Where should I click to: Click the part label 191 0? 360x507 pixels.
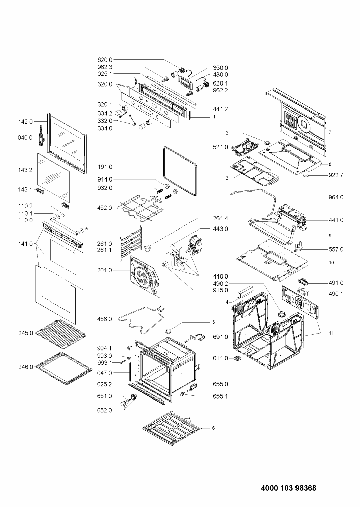(x=105, y=167)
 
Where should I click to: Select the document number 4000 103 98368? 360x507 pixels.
(x=288, y=488)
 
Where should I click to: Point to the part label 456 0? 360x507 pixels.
(x=105, y=319)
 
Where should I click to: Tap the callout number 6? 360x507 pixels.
(x=213, y=428)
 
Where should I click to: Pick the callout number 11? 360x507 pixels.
(x=331, y=333)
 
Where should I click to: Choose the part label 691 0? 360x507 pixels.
(x=221, y=337)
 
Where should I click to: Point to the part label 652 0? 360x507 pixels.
(x=105, y=410)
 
